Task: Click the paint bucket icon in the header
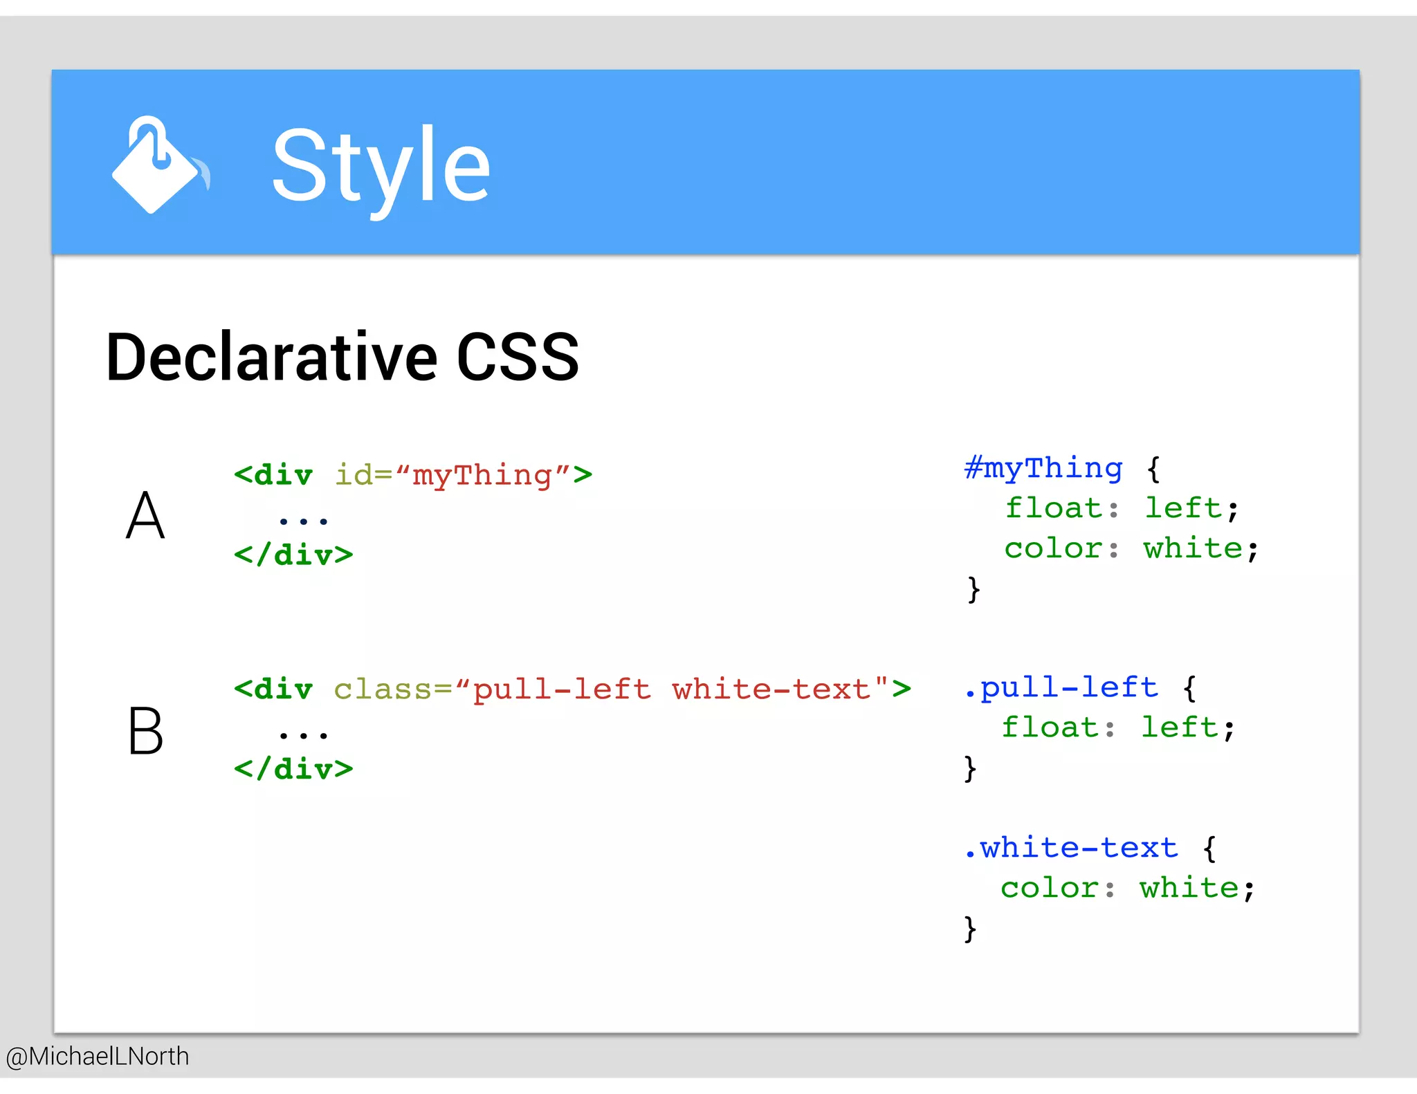click(158, 166)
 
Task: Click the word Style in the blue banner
click(381, 166)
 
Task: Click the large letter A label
click(145, 516)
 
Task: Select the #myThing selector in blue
click(1043, 468)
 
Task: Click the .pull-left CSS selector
click(1061, 687)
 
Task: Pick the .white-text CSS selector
click(1071, 848)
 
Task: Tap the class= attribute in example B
click(392, 689)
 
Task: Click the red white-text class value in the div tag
click(771, 689)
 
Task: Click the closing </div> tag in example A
click(293, 555)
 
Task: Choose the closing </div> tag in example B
click(293, 769)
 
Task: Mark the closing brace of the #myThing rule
click(973, 589)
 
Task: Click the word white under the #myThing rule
click(1193, 549)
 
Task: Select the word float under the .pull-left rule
click(1050, 727)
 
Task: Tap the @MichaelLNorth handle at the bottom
click(98, 1056)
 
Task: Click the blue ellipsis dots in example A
click(303, 520)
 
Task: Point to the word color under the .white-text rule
click(1049, 888)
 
